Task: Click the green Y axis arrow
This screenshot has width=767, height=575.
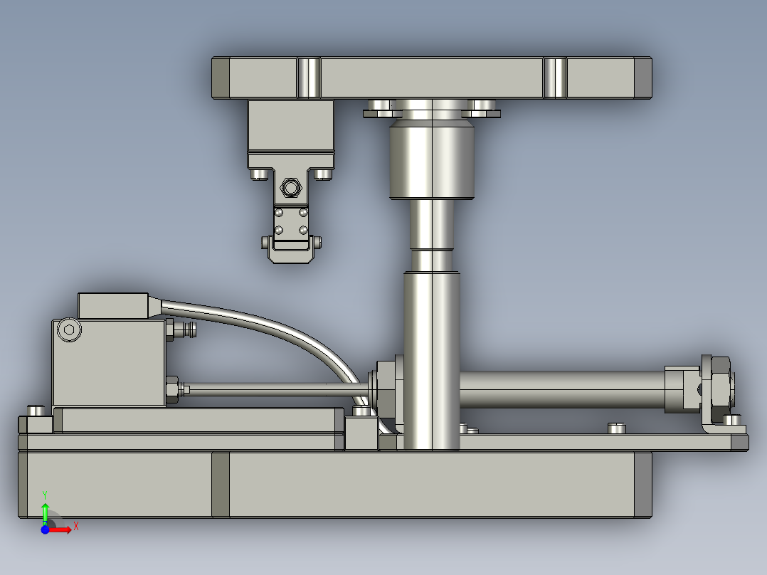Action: coord(45,513)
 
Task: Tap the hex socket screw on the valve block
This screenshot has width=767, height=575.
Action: coord(70,329)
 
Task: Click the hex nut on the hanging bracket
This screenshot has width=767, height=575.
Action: coord(290,188)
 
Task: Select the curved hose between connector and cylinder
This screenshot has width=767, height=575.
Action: coord(274,337)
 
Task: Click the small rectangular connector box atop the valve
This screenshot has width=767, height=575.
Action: coord(113,306)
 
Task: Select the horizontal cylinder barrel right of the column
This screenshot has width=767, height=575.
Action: coord(563,389)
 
